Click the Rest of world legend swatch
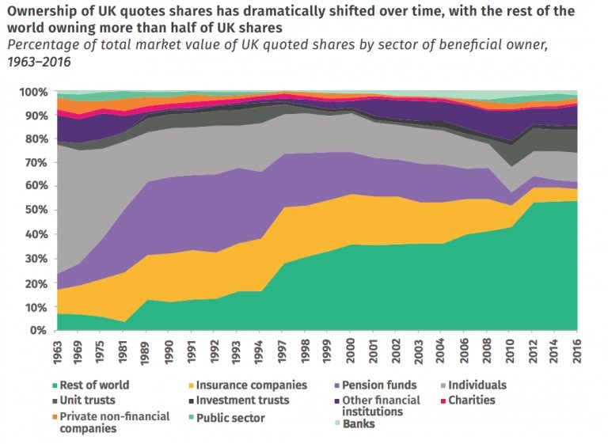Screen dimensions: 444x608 [55, 386]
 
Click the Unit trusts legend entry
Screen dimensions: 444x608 [87, 400]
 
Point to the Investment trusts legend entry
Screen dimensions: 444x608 [241, 400]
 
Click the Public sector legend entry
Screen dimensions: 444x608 [230, 417]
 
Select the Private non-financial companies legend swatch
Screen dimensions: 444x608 [55, 416]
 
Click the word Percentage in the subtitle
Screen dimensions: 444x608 [42, 44]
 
